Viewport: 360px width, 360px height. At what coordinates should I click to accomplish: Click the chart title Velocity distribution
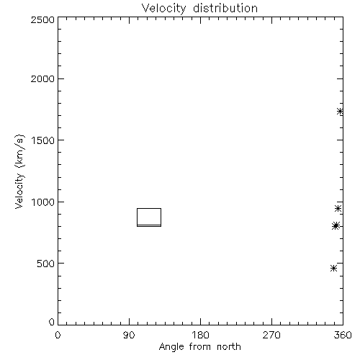tap(199, 9)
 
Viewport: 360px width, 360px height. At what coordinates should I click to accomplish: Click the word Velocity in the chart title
tap(164, 9)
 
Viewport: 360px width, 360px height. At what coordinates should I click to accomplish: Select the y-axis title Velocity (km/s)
tap(19, 172)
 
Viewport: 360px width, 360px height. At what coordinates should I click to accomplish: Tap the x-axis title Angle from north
tap(199, 347)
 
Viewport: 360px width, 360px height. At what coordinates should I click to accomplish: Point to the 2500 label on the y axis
tap(42, 19)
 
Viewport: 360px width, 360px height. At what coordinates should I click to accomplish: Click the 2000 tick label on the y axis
tap(42, 78)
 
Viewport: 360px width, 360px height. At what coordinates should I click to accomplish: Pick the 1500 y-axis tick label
tap(43, 140)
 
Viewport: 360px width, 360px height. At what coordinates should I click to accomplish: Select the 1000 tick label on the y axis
tap(43, 202)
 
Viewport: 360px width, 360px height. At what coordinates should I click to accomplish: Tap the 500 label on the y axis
tap(46, 264)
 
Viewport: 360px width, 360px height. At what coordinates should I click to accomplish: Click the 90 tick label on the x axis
tap(129, 335)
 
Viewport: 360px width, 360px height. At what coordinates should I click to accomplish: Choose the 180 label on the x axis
tap(200, 335)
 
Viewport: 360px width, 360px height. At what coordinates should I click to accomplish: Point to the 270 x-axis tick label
tap(271, 335)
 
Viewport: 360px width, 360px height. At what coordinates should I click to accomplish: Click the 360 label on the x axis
tap(343, 335)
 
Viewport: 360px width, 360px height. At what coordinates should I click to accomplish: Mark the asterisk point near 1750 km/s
tap(340, 112)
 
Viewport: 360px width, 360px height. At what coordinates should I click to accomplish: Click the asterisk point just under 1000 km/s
tap(338, 208)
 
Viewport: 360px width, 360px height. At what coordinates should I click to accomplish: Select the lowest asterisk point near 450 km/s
tap(333, 268)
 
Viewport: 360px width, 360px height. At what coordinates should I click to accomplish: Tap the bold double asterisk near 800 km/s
tap(336, 226)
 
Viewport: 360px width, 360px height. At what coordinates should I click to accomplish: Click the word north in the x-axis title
tap(229, 347)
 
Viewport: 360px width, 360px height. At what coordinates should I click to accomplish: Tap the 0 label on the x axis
tap(58, 335)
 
